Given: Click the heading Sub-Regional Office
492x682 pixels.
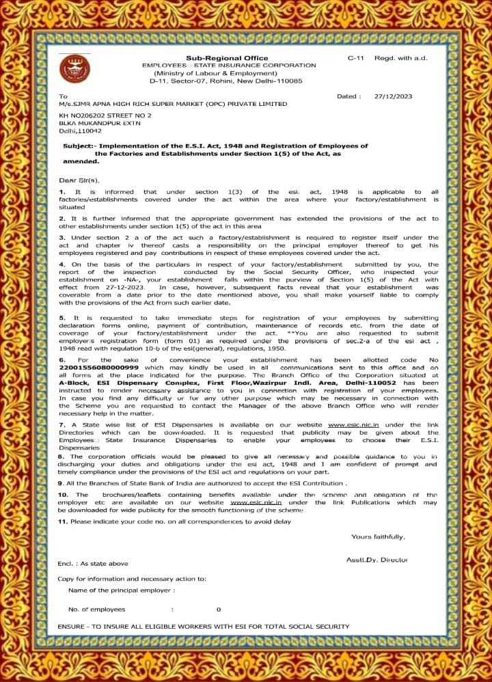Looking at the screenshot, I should coord(227,58).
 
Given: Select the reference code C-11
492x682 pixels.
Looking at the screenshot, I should coord(355,58).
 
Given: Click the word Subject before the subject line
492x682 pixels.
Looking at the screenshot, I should coord(77,146).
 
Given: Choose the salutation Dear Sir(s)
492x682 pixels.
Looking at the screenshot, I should coord(79,180).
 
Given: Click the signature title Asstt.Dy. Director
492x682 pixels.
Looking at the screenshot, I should coord(377,560).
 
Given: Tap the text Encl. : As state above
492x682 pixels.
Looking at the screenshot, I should coord(93,563).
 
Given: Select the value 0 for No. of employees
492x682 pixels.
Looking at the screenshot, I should coord(219,609).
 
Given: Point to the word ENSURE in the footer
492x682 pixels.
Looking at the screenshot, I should coord(72,625).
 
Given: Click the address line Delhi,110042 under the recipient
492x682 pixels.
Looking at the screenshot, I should coord(81,131).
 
